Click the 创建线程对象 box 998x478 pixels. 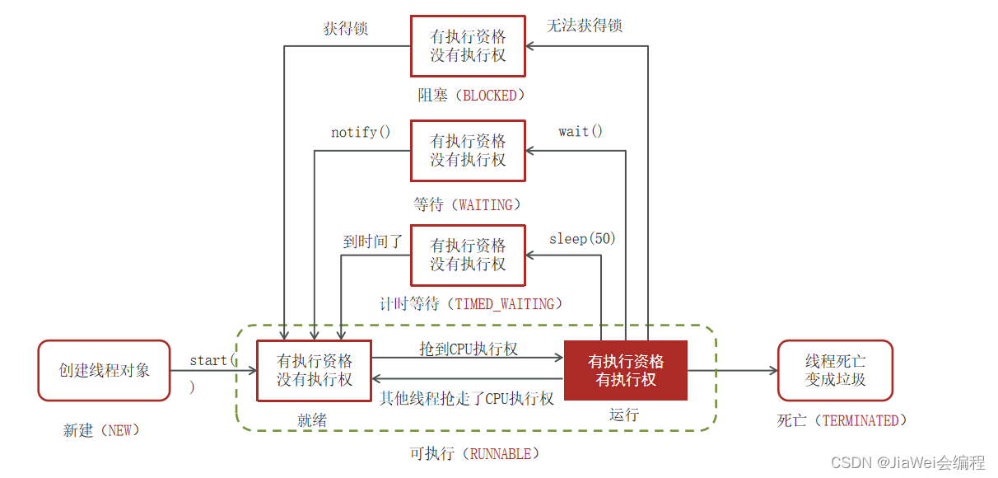[x=104, y=370]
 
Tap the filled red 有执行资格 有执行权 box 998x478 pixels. [x=625, y=370]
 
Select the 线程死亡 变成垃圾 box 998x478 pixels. [x=835, y=370]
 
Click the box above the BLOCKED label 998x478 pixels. [x=468, y=46]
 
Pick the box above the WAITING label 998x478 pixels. [x=468, y=150]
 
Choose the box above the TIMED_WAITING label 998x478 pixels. [x=468, y=254]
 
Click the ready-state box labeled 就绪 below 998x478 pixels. [x=314, y=370]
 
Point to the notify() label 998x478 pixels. [x=361, y=132]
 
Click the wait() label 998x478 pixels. [x=580, y=131]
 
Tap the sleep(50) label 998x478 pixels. [x=582, y=239]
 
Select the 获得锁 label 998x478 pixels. [x=345, y=29]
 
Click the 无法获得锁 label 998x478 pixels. [x=584, y=26]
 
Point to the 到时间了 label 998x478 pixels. [x=373, y=241]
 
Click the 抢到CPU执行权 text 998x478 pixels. [x=469, y=349]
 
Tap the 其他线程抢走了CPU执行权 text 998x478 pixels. [x=466, y=398]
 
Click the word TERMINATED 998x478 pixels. [x=860, y=420]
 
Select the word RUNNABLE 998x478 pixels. [x=504, y=453]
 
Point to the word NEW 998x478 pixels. [x=120, y=430]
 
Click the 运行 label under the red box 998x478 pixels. [x=624, y=414]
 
